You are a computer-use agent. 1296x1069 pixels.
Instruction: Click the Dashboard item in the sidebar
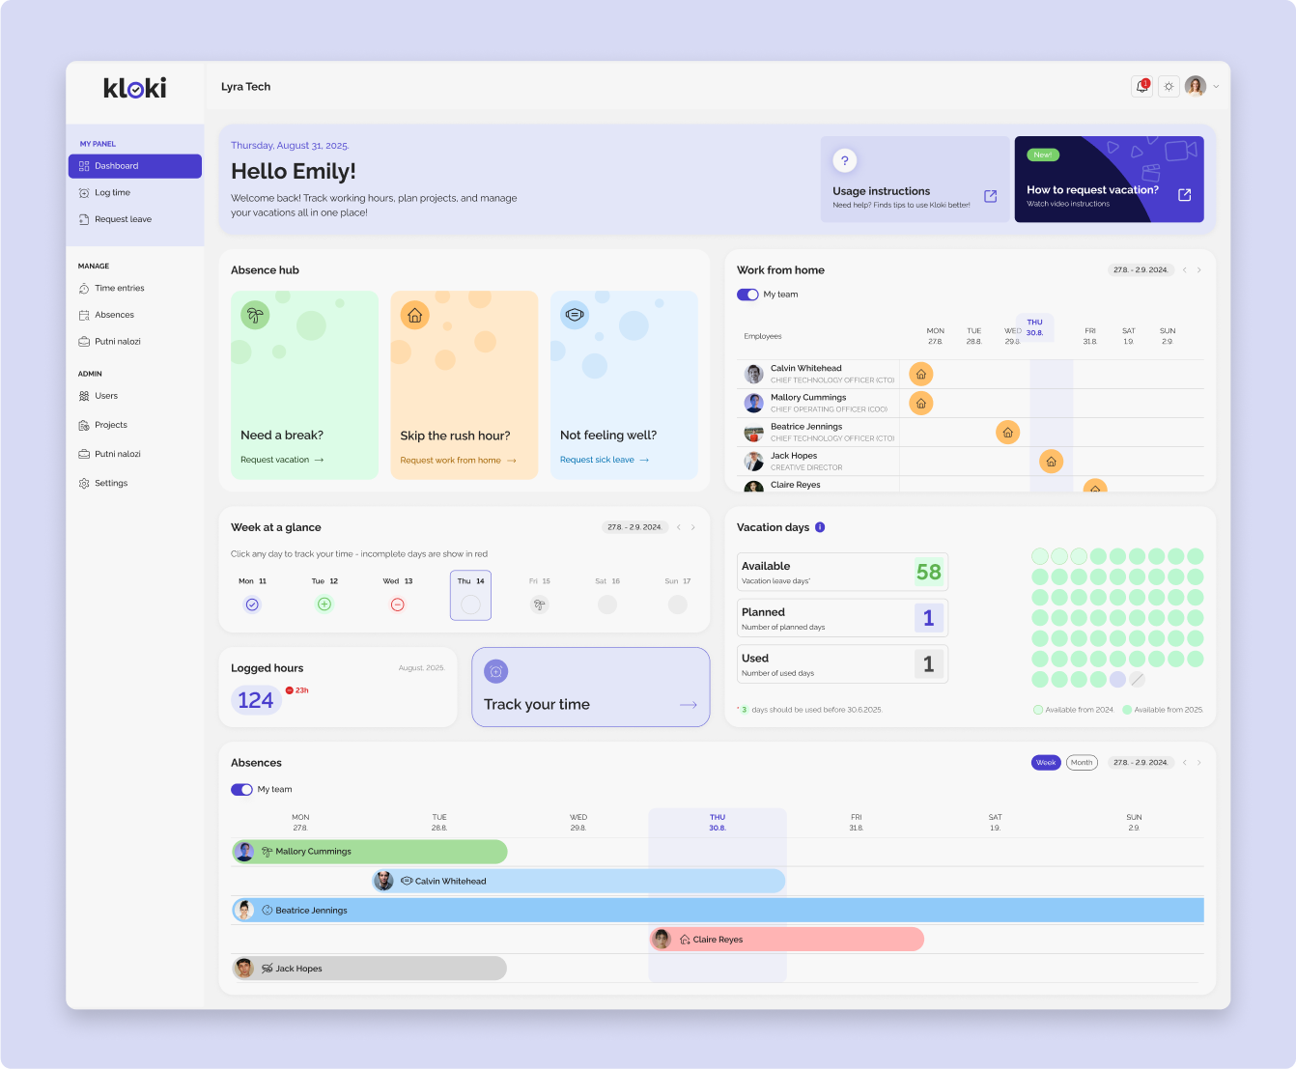click(134, 166)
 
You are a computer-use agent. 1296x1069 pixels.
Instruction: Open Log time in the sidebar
click(112, 193)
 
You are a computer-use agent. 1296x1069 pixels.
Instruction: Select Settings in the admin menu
click(111, 483)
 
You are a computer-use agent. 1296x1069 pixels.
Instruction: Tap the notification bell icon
click(1141, 87)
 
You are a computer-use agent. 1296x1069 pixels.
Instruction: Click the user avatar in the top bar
click(1195, 87)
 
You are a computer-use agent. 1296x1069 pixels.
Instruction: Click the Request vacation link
click(281, 460)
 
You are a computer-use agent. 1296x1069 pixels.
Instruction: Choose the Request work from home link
click(458, 461)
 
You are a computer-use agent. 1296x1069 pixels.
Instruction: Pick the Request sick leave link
click(604, 460)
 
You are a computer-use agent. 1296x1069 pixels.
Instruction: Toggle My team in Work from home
click(747, 295)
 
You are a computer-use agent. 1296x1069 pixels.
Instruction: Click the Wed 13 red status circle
click(397, 605)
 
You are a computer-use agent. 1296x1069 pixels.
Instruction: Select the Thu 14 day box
click(470, 595)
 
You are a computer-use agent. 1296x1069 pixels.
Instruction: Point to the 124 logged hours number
click(256, 700)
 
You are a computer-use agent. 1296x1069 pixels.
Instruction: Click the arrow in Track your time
click(688, 705)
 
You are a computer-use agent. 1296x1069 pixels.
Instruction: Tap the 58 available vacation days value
click(928, 572)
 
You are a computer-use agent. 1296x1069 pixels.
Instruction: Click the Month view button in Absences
click(1082, 763)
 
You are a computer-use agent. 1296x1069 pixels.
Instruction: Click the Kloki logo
click(135, 88)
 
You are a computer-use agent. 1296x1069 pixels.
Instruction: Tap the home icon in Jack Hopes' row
click(1051, 462)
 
